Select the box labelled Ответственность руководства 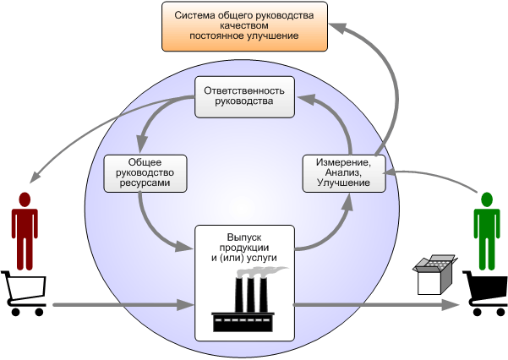tap(244, 97)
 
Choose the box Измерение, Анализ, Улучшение tap(343, 172)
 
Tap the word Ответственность tap(244, 91)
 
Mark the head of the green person tap(486, 200)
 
